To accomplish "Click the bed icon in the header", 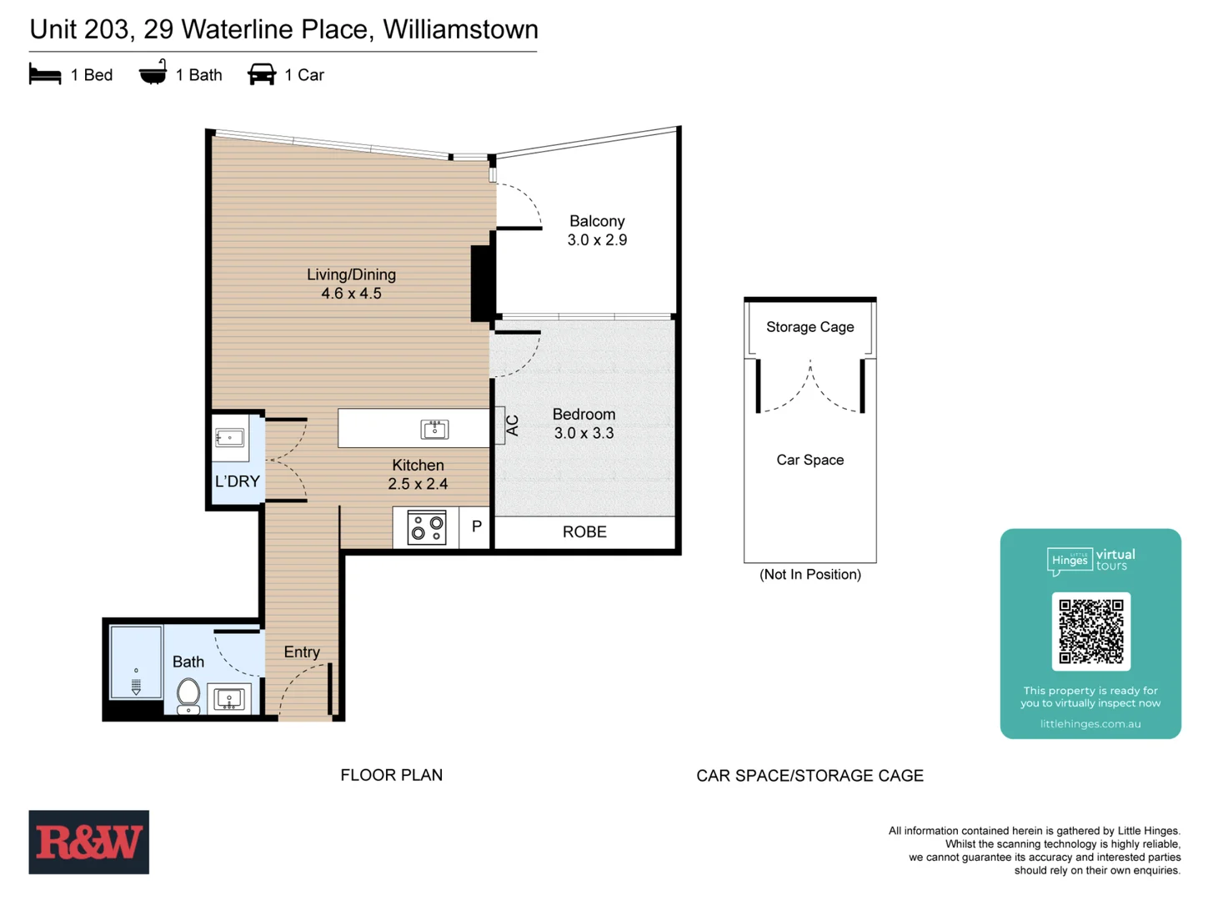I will (45, 75).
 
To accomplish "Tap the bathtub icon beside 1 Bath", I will (153, 73).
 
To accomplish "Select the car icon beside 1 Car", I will (262, 74).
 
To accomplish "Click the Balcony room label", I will (597, 222).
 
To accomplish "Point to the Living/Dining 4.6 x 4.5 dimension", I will (351, 294).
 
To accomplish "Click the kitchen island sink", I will (434, 429).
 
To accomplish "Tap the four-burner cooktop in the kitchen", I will (427, 528).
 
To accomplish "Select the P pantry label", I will (476, 526).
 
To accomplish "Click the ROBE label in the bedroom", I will (584, 532).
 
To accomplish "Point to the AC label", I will (512, 425).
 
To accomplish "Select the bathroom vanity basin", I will (229, 698).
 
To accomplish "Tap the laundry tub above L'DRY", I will (230, 438).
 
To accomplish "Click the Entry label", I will (302, 652).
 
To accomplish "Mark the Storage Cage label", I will (810, 327).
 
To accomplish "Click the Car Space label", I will (810, 460).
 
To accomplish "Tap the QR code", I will (1090, 632).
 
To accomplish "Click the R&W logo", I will (89, 842).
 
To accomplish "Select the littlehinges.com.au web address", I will (1090, 724).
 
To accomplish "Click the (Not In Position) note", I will (810, 575).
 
